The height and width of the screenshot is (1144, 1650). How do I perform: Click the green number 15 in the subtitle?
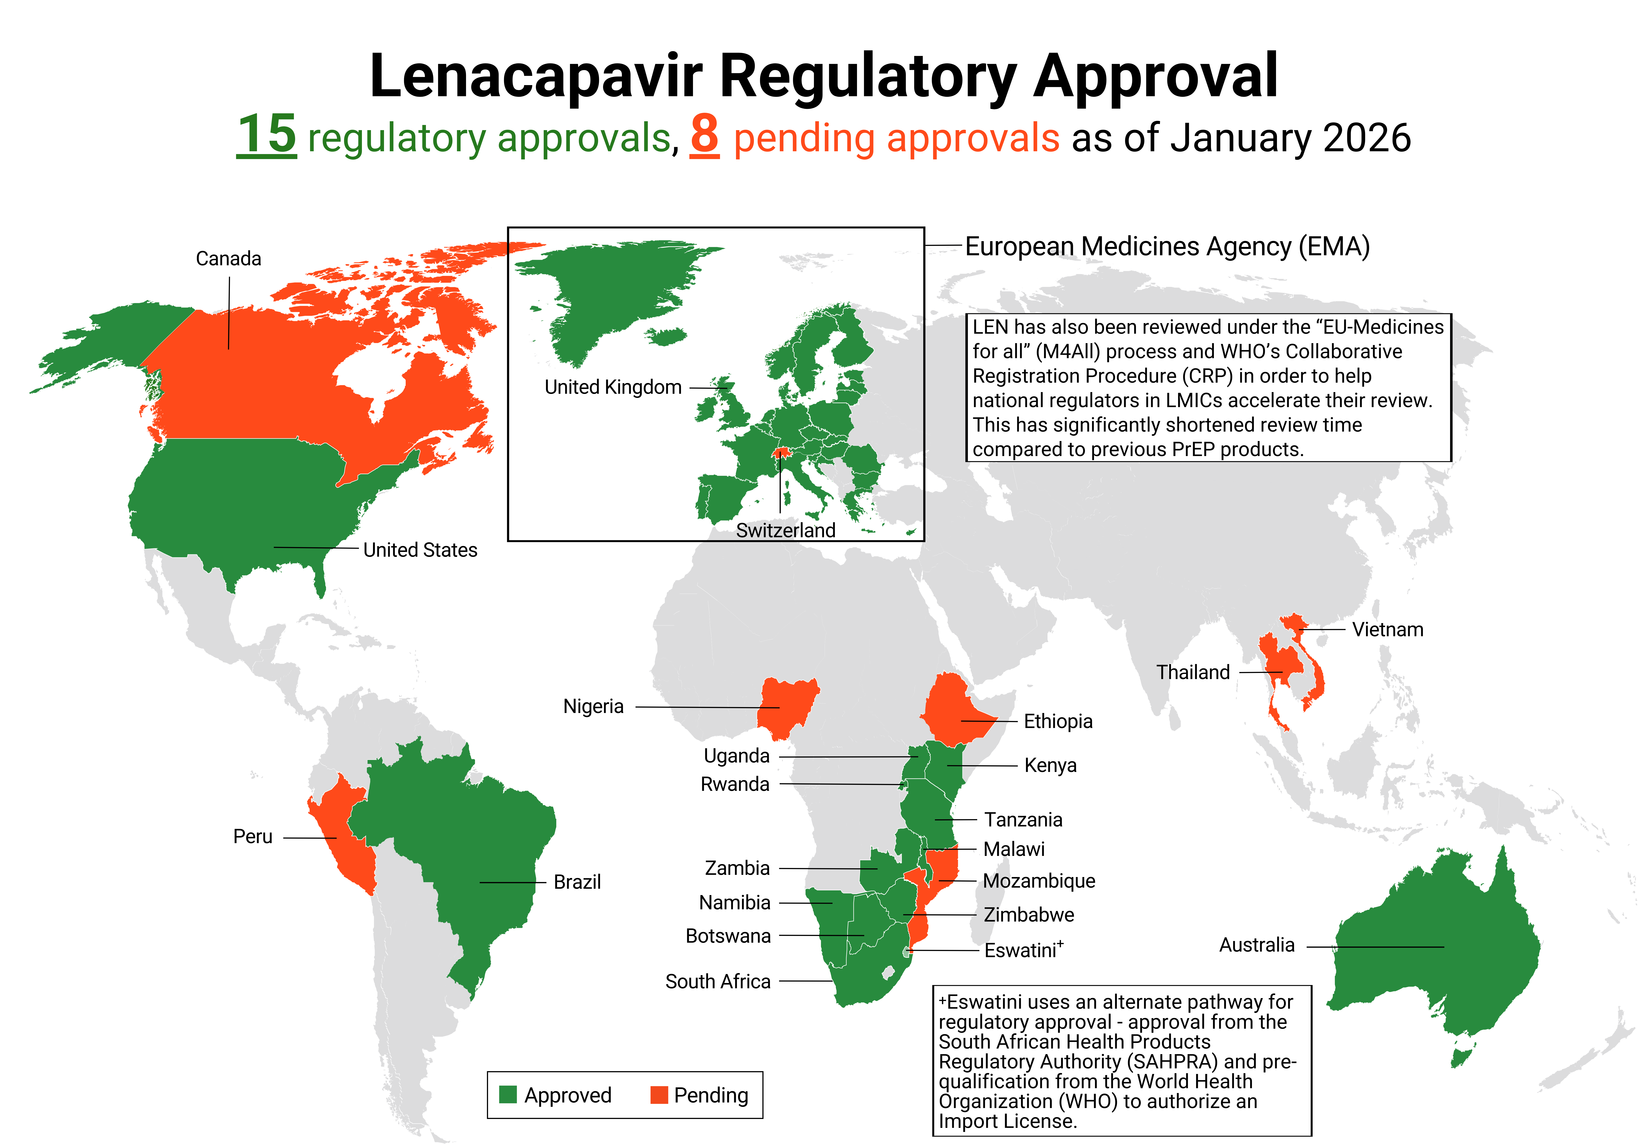266,135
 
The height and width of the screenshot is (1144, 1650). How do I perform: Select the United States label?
420,550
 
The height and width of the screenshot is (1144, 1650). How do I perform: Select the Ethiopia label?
1058,721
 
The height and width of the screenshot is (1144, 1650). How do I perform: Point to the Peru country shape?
344,831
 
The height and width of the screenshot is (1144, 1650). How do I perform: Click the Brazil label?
577,882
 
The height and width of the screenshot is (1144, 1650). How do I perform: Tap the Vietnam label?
1388,629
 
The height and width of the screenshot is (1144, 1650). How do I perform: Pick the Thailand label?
1193,672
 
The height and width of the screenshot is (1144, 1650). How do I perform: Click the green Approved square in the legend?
508,1095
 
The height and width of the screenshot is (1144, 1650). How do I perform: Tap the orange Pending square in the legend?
658,1095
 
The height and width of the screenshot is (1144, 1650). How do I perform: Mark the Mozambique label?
1038,881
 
